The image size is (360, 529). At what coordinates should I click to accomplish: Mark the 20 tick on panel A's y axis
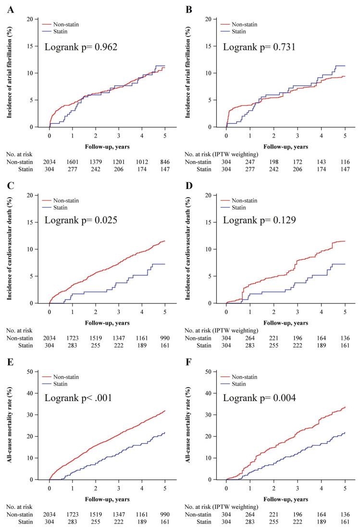(x=37, y=19)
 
